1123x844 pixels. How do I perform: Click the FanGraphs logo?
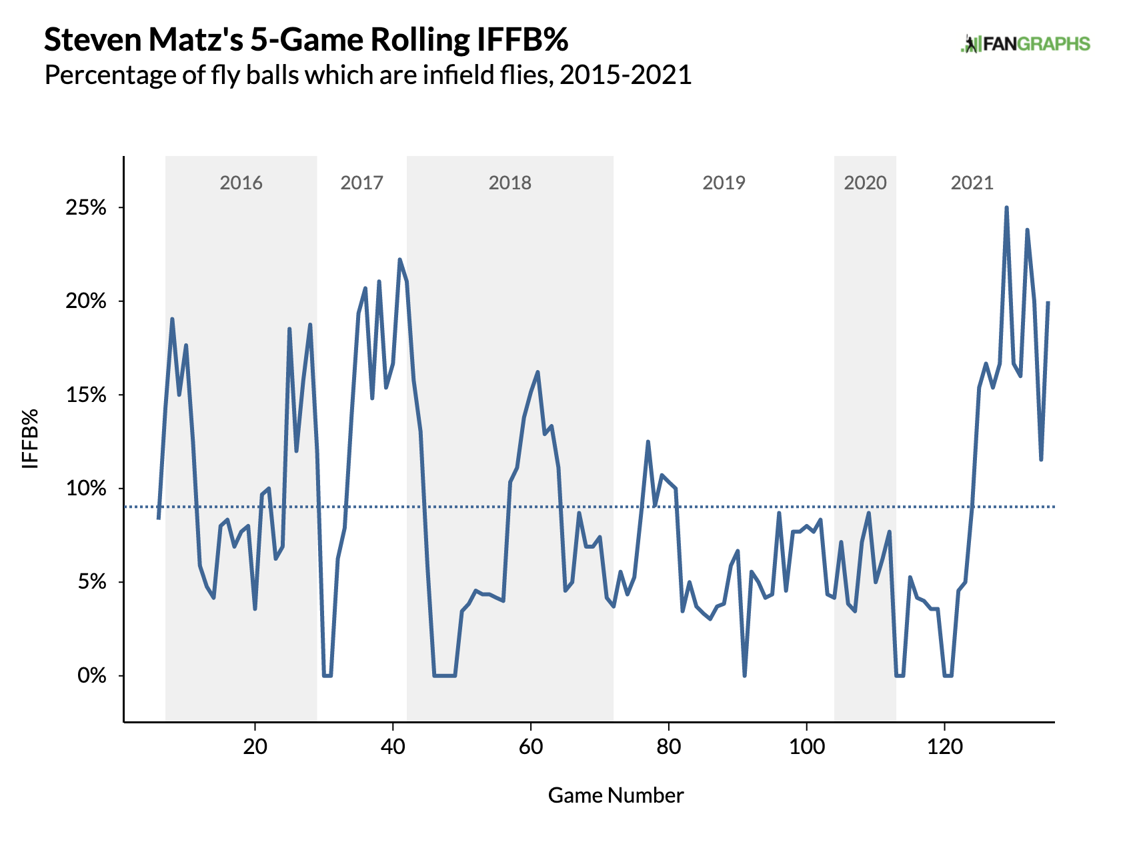point(1025,44)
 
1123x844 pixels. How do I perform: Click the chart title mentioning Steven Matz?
point(306,40)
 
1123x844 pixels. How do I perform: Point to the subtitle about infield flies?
point(367,75)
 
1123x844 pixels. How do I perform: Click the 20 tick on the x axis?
point(255,747)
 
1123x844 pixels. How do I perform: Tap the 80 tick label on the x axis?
point(668,747)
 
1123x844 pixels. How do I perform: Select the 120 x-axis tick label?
point(944,747)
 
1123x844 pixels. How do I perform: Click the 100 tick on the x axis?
point(806,747)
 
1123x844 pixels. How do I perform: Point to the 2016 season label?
point(241,183)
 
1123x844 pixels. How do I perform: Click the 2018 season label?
point(509,183)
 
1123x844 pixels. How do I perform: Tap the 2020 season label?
point(865,183)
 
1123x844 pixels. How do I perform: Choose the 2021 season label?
point(972,183)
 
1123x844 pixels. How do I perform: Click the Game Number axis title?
point(616,795)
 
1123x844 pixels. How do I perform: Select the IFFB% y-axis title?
point(31,438)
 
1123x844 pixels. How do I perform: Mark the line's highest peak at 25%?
point(1006,208)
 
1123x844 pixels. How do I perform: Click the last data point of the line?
point(1048,303)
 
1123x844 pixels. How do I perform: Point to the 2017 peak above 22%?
point(399,259)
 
